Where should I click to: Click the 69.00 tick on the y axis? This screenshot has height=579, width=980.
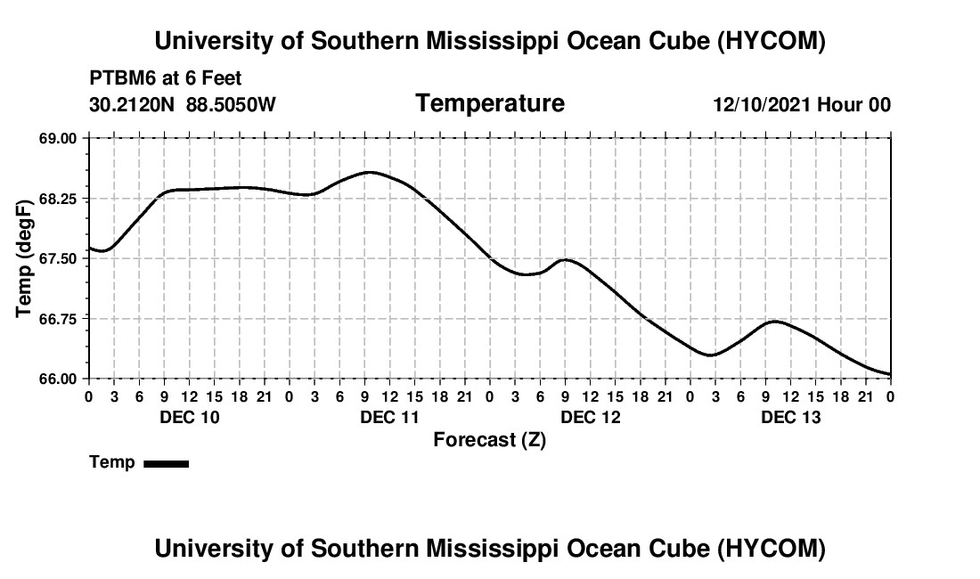[58, 138]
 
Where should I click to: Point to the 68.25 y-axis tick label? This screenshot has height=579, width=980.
[58, 199]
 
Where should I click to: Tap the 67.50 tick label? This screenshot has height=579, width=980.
[58, 258]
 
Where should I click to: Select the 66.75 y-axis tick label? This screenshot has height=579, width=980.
[58, 319]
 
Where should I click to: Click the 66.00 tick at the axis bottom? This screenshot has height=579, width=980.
[58, 379]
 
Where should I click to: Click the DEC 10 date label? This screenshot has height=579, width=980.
[190, 417]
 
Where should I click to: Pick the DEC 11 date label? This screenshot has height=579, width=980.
[390, 417]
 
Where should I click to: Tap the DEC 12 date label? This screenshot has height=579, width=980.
[591, 417]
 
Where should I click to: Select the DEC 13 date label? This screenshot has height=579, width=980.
[790, 417]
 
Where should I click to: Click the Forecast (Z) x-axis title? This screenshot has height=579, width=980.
[490, 440]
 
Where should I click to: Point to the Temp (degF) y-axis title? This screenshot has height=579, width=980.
[24, 258]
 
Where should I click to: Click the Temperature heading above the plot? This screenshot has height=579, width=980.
[490, 103]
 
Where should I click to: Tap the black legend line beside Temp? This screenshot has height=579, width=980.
[167, 463]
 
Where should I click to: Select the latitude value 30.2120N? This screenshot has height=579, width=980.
[132, 104]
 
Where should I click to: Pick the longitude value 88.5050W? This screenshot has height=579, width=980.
[231, 104]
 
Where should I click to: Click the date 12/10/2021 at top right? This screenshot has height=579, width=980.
[762, 104]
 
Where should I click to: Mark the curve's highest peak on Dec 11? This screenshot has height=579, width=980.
[370, 172]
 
